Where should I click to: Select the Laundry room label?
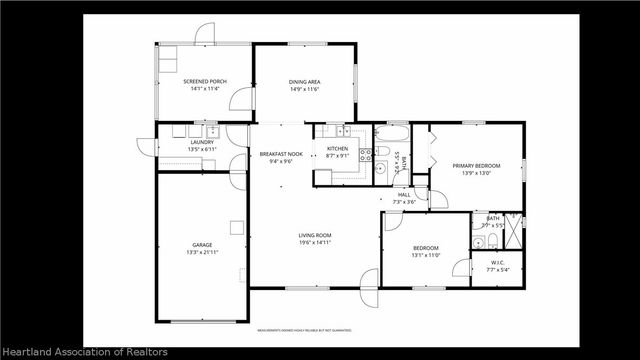tap(202, 143)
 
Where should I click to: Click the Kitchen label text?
tap(337, 148)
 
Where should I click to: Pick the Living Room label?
tap(314, 235)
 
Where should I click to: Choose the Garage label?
tap(202, 245)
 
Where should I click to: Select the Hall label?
tap(404, 194)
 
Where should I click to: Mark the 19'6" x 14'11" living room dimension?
tap(314, 242)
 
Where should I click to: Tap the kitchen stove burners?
tap(367, 153)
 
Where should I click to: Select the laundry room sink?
tap(212, 131)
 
